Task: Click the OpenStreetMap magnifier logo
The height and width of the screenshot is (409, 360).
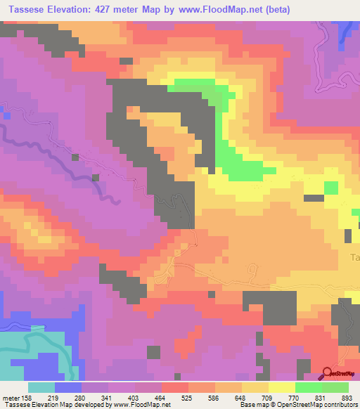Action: [328, 374]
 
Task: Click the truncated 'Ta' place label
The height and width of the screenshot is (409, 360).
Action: [354, 257]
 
